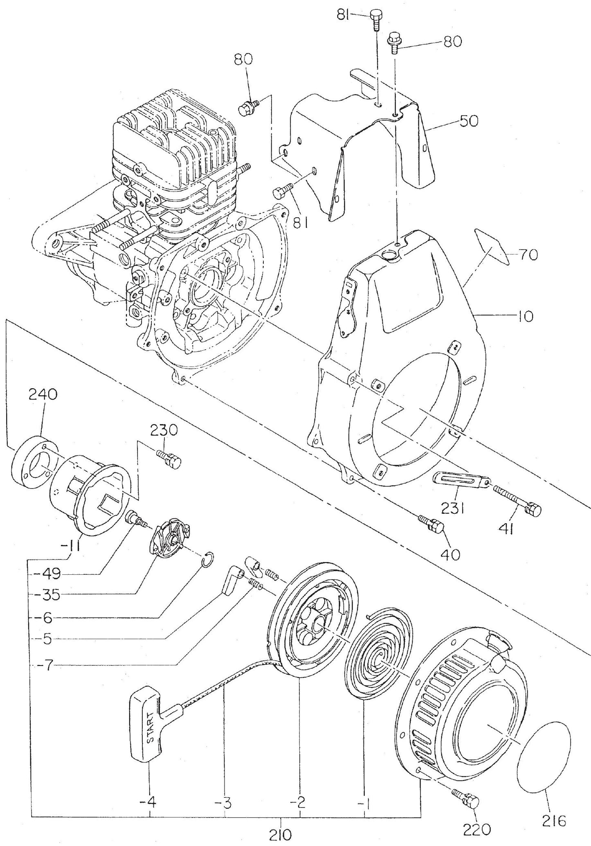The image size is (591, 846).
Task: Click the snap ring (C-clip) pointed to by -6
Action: coord(209,558)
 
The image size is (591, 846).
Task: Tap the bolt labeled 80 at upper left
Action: coord(246,109)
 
